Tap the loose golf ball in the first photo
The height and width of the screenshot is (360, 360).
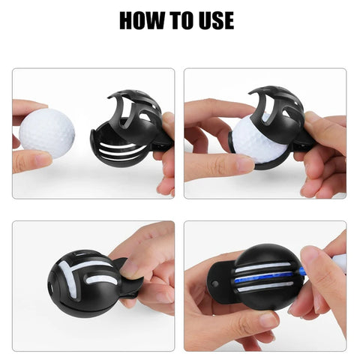pos(46,133)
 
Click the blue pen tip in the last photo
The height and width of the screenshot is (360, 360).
pos(304,272)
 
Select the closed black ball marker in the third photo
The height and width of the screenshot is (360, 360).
pos(82,277)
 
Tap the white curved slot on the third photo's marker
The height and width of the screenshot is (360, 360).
pos(84,266)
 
